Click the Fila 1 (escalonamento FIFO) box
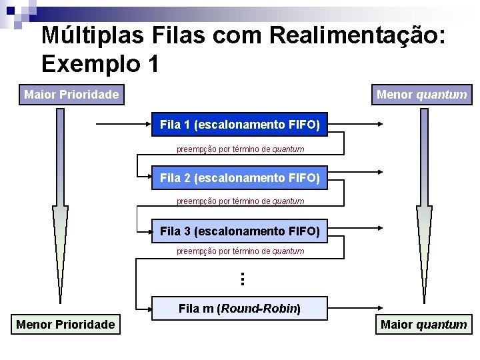[239, 125]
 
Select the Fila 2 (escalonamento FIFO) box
[239, 178]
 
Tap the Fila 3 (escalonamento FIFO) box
[239, 231]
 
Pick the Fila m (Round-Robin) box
[239, 309]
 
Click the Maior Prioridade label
[71, 95]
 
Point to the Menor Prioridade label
[65, 325]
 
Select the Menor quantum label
[421, 95]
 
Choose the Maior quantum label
[423, 325]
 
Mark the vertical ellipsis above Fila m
[243, 279]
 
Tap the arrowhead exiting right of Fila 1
[381, 125]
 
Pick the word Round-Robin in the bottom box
[259, 309]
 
